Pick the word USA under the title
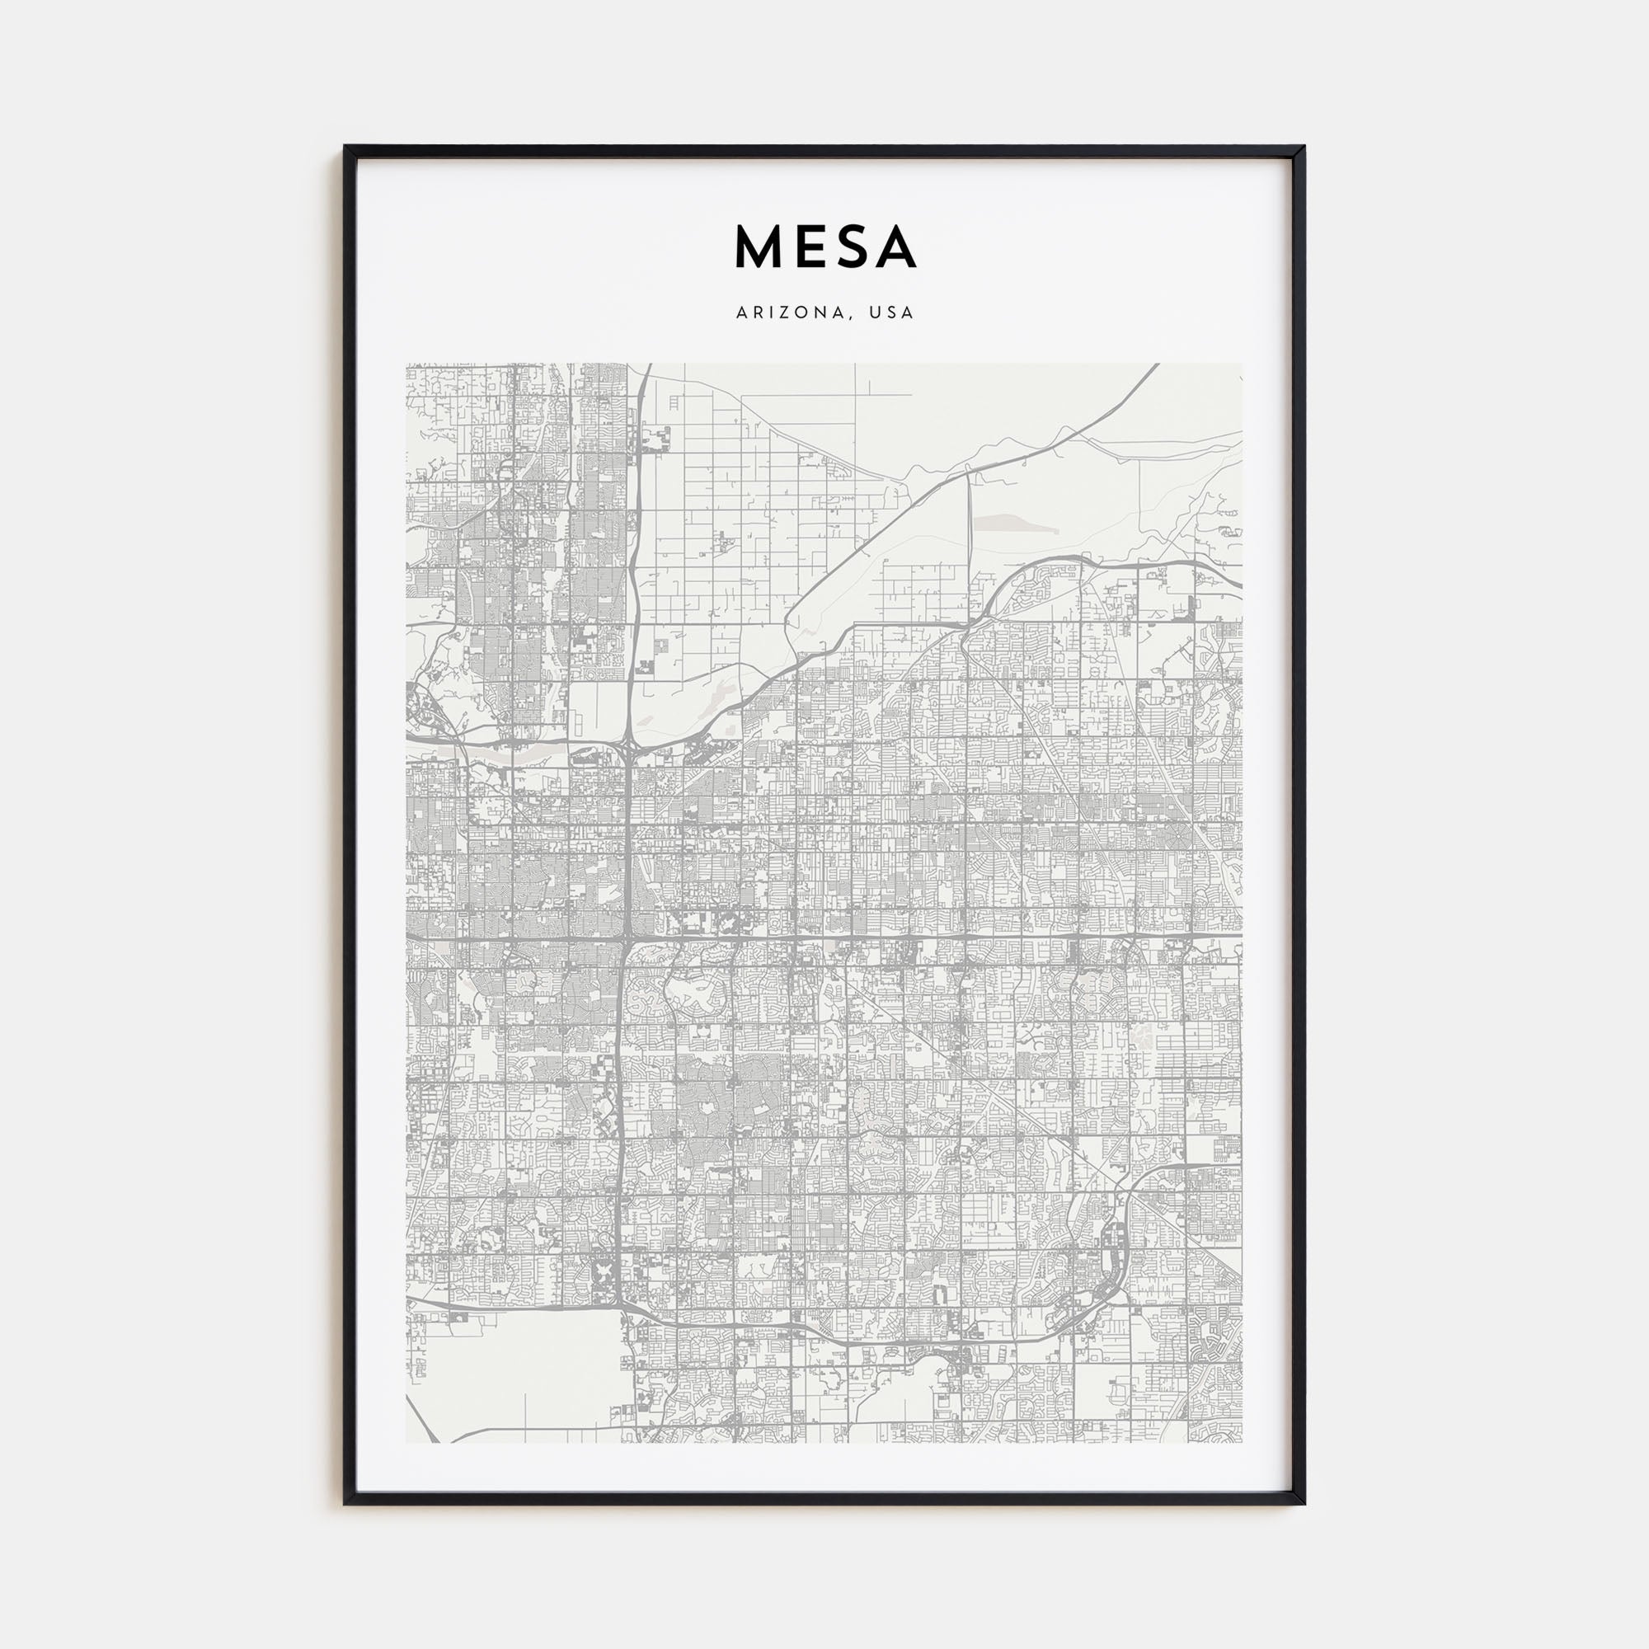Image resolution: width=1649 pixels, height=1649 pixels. point(892,313)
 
